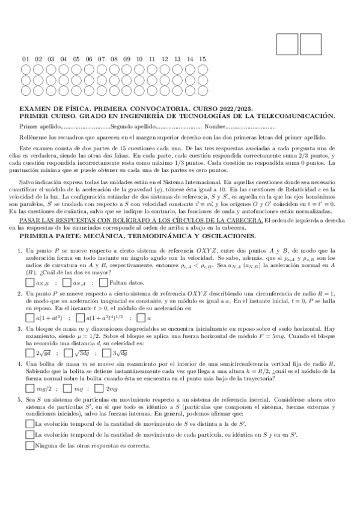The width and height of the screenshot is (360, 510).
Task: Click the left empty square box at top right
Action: pos(288,43)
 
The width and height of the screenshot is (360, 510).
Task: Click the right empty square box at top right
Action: pos(311,43)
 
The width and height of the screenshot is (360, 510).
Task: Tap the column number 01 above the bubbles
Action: pos(26,59)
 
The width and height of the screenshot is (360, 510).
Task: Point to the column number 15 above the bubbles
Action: pos(203,59)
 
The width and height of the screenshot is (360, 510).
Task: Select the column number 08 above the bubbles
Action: pos(114,59)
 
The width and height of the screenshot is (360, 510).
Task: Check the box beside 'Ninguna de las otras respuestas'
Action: pos(30,446)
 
